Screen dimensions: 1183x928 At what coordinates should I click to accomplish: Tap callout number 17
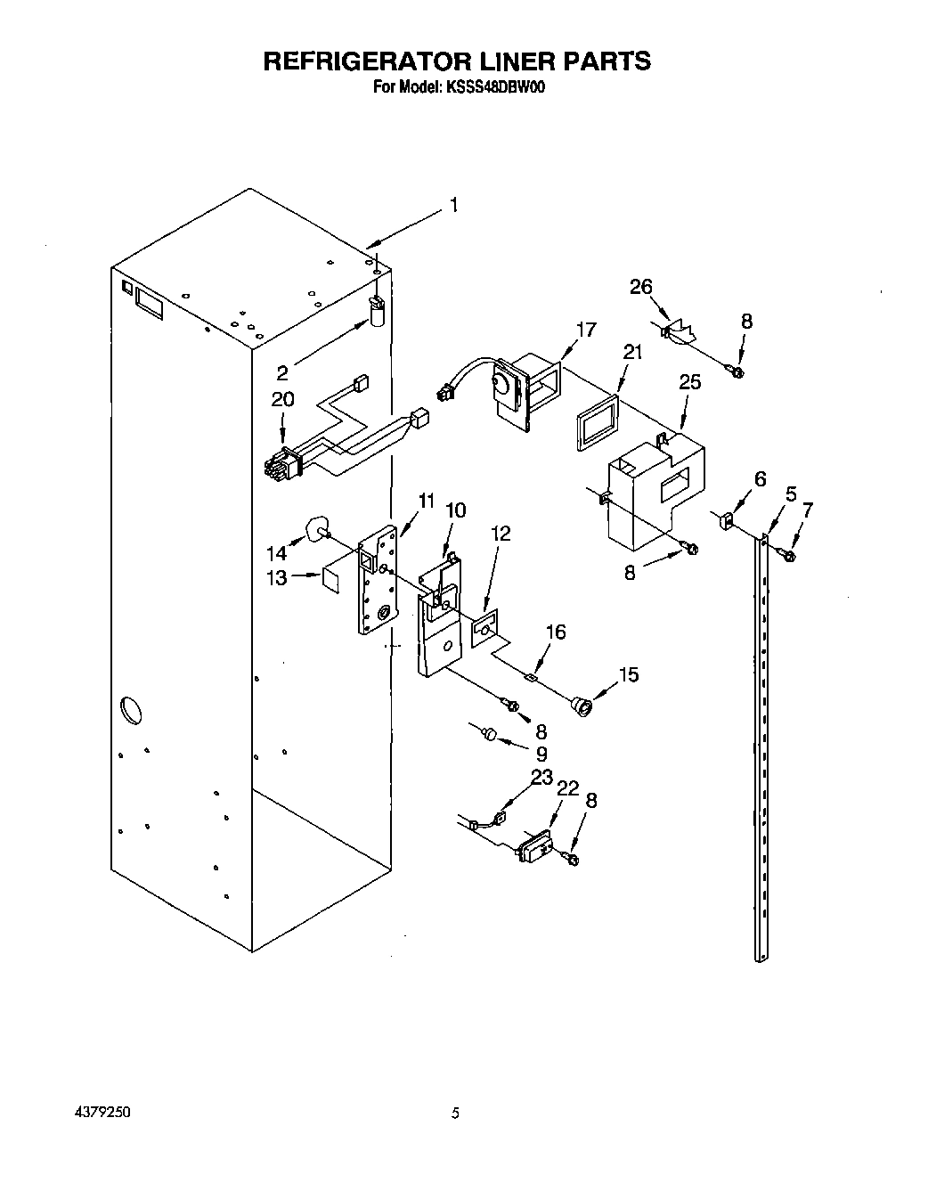tap(585, 330)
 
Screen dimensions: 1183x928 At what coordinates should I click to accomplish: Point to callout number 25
tap(689, 382)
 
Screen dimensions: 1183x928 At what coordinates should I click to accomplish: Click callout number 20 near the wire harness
tap(282, 399)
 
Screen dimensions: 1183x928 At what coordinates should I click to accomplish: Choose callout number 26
tap(641, 287)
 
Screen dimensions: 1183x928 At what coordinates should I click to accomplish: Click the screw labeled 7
tap(786, 556)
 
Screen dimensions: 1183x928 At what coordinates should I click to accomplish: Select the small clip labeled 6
tap(726, 519)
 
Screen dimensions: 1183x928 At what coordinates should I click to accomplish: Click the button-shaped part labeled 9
tap(487, 732)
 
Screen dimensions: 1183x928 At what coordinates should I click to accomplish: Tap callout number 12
tap(501, 534)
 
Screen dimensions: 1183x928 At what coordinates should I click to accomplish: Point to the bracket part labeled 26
tap(680, 331)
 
